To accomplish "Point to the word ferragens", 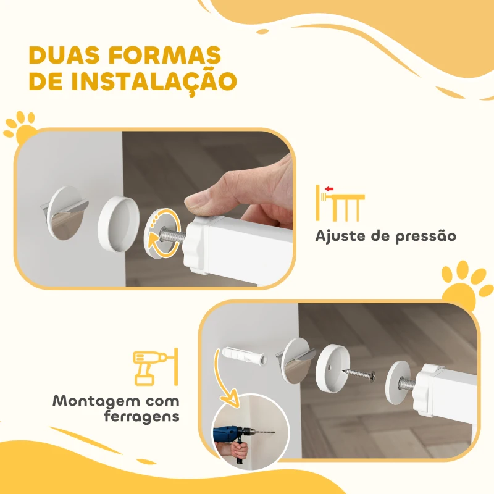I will pos(141,417).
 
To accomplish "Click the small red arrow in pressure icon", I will pos(329,190).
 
